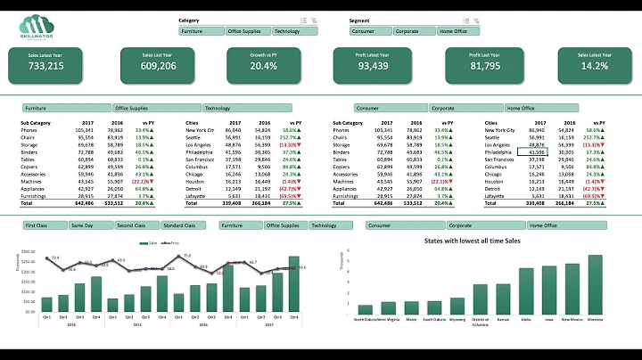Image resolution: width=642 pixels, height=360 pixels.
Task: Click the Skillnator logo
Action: pyautogui.click(x=36, y=25)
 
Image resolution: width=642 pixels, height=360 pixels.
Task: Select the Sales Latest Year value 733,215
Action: pyautogui.click(x=45, y=66)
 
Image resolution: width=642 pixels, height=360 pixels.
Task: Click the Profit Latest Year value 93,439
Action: pyautogui.click(x=373, y=66)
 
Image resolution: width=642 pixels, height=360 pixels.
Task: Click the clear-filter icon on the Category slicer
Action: pyautogui.click(x=314, y=20)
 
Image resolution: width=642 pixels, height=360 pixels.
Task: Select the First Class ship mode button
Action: pyautogui.click(x=43, y=226)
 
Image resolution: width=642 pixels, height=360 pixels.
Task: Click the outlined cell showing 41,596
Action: pyautogui.click(x=531, y=152)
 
